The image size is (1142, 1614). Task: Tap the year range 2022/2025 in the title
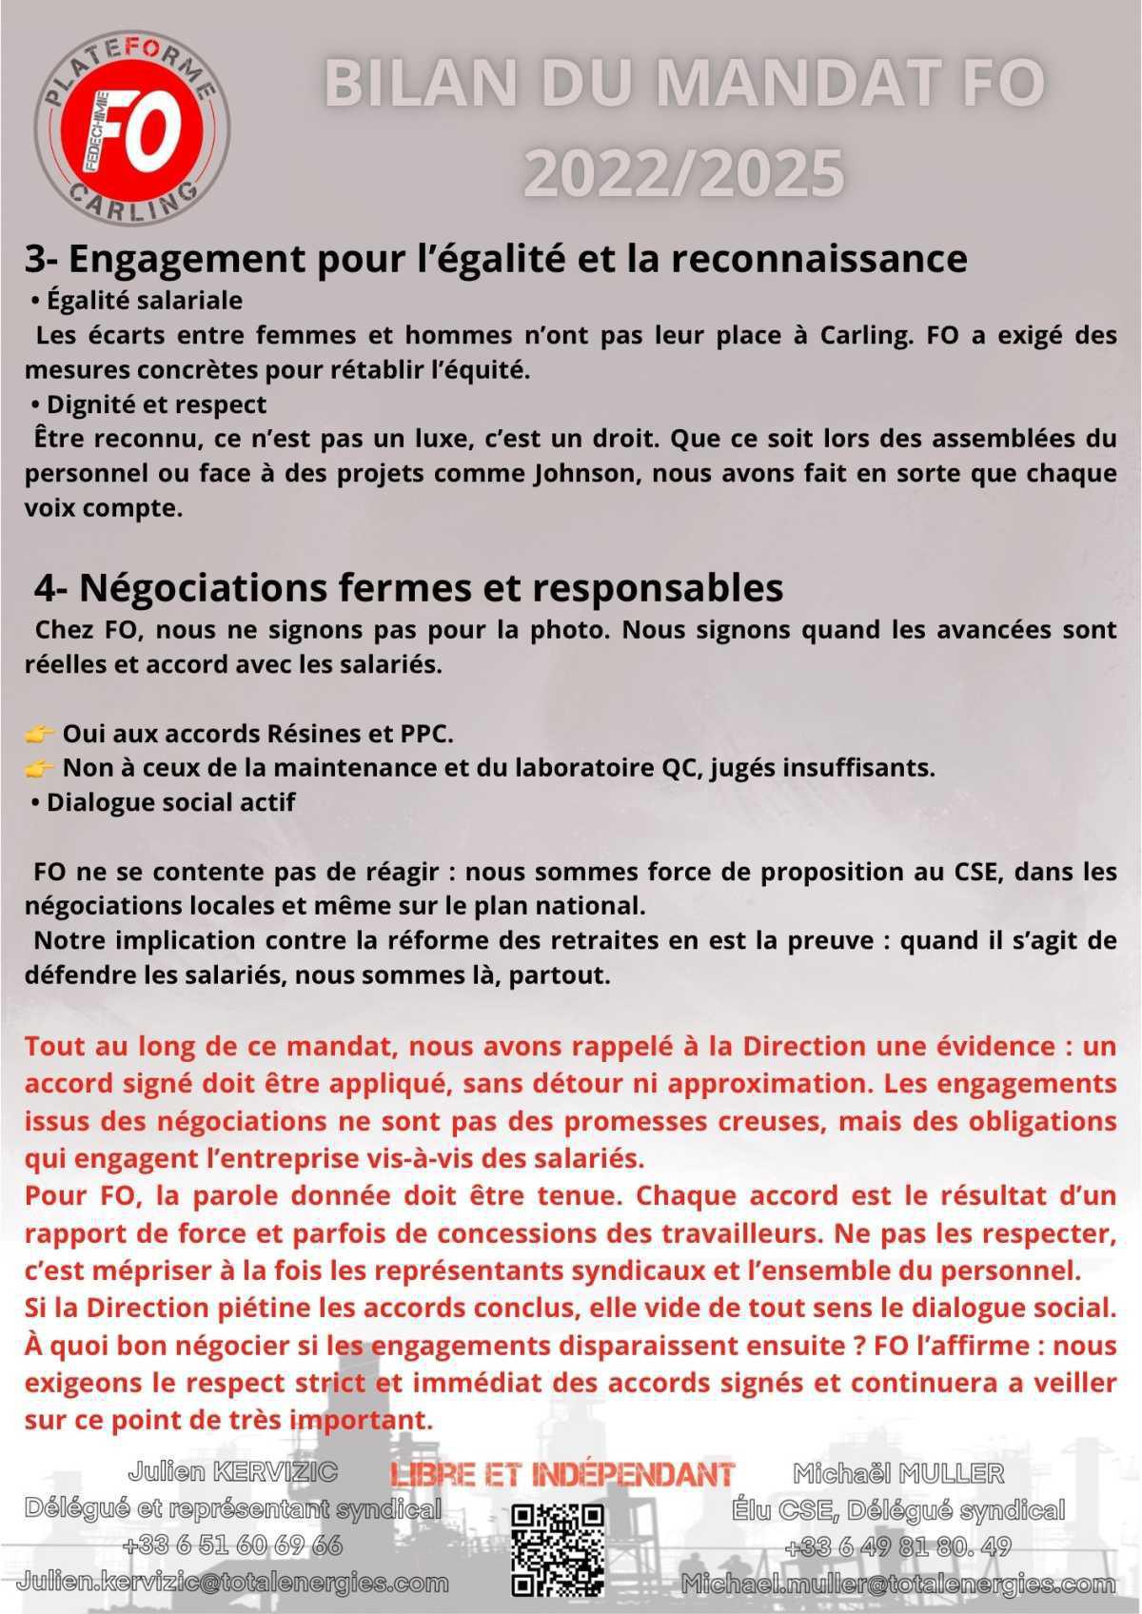coord(684,172)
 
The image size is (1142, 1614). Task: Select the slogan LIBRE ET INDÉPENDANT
coord(562,1474)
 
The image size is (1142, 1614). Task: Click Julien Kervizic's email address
coord(233,1583)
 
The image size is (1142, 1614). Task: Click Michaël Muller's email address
coord(897,1584)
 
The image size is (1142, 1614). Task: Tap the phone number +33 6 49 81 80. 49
coord(897,1546)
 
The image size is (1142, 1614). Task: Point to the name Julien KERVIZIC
coord(233,1472)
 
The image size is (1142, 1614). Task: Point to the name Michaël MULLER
coord(898,1474)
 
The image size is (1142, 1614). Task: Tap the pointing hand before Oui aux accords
coord(39,734)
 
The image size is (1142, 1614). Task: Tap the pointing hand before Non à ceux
coord(39,768)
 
